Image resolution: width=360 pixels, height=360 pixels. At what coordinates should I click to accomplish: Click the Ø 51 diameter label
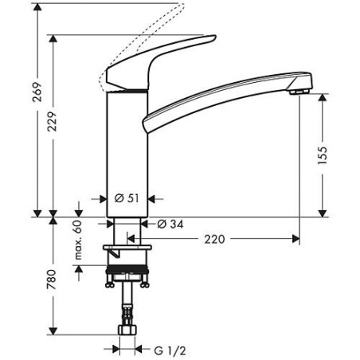tap(127, 198)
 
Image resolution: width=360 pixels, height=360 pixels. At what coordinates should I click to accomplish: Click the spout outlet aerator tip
tap(298, 93)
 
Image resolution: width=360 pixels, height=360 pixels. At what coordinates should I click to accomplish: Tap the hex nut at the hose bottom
tap(127, 329)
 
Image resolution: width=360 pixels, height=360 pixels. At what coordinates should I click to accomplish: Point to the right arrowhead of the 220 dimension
tap(295, 238)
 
